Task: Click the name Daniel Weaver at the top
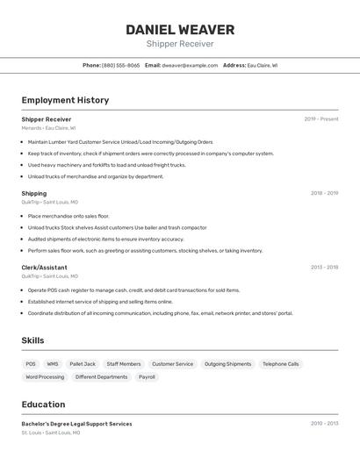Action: pyautogui.click(x=180, y=29)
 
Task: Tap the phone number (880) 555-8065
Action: pyautogui.click(x=120, y=65)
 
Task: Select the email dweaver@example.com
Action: pyautogui.click(x=190, y=65)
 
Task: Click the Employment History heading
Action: pyautogui.click(x=65, y=100)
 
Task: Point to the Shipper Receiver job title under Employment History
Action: pyautogui.click(x=47, y=119)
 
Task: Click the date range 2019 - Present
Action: pyautogui.click(x=320, y=119)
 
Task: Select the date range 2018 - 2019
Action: pyautogui.click(x=324, y=193)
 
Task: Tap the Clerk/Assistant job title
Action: pyautogui.click(x=44, y=268)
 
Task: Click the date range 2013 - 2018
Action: pyautogui.click(x=324, y=268)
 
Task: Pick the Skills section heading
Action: pyautogui.click(x=32, y=340)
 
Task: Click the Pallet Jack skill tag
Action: pyautogui.click(x=83, y=364)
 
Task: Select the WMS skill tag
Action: pyautogui.click(x=53, y=364)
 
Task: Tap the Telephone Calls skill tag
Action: pyautogui.click(x=280, y=364)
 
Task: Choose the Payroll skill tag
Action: pyautogui.click(x=147, y=377)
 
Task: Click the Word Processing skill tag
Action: pyautogui.click(x=45, y=377)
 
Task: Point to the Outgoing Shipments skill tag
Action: pyautogui.click(x=227, y=364)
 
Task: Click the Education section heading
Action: pyautogui.click(x=43, y=404)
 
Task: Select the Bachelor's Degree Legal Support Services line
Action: pyautogui.click(x=76, y=424)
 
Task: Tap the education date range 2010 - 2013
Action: pyautogui.click(x=324, y=424)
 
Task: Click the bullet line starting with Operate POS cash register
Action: pyautogui.click(x=133, y=290)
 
